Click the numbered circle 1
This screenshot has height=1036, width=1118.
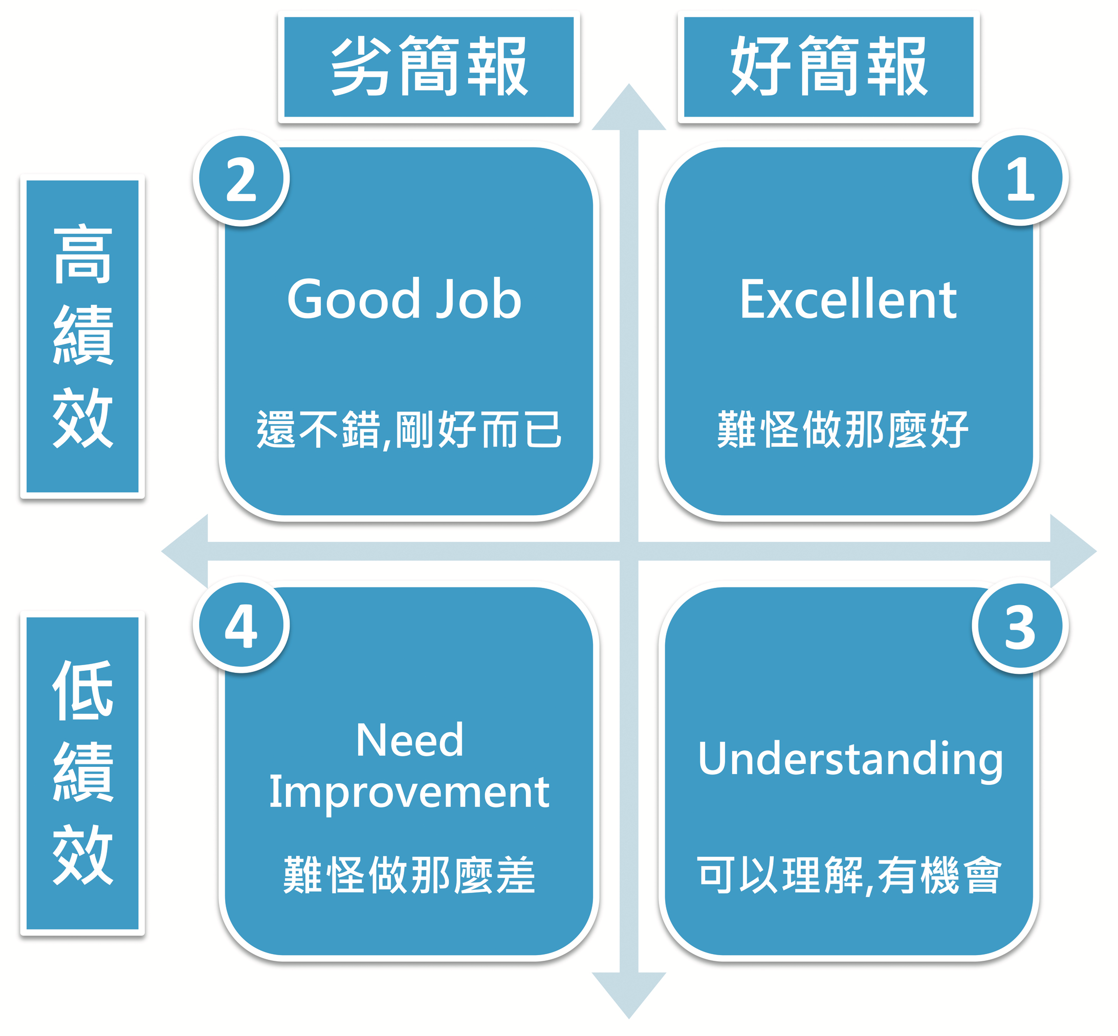coord(1019,178)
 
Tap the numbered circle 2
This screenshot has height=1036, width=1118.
coord(241,178)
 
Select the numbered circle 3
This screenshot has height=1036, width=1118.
coord(1019,626)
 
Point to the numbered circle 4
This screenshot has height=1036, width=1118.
coord(241,626)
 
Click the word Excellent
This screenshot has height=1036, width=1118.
coord(848,300)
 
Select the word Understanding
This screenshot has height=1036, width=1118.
coord(850,760)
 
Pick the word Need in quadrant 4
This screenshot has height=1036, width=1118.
coord(410,740)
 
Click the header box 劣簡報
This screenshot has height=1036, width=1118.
coord(428,67)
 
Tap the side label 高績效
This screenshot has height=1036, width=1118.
coord(82,336)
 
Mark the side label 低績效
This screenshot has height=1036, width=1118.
coord(82,773)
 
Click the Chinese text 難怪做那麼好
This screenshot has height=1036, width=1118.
coord(843,429)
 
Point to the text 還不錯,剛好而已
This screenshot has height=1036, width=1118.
coord(409,429)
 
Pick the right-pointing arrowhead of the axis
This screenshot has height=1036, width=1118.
coord(1072,551)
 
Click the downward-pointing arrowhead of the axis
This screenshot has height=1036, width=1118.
coord(628,995)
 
